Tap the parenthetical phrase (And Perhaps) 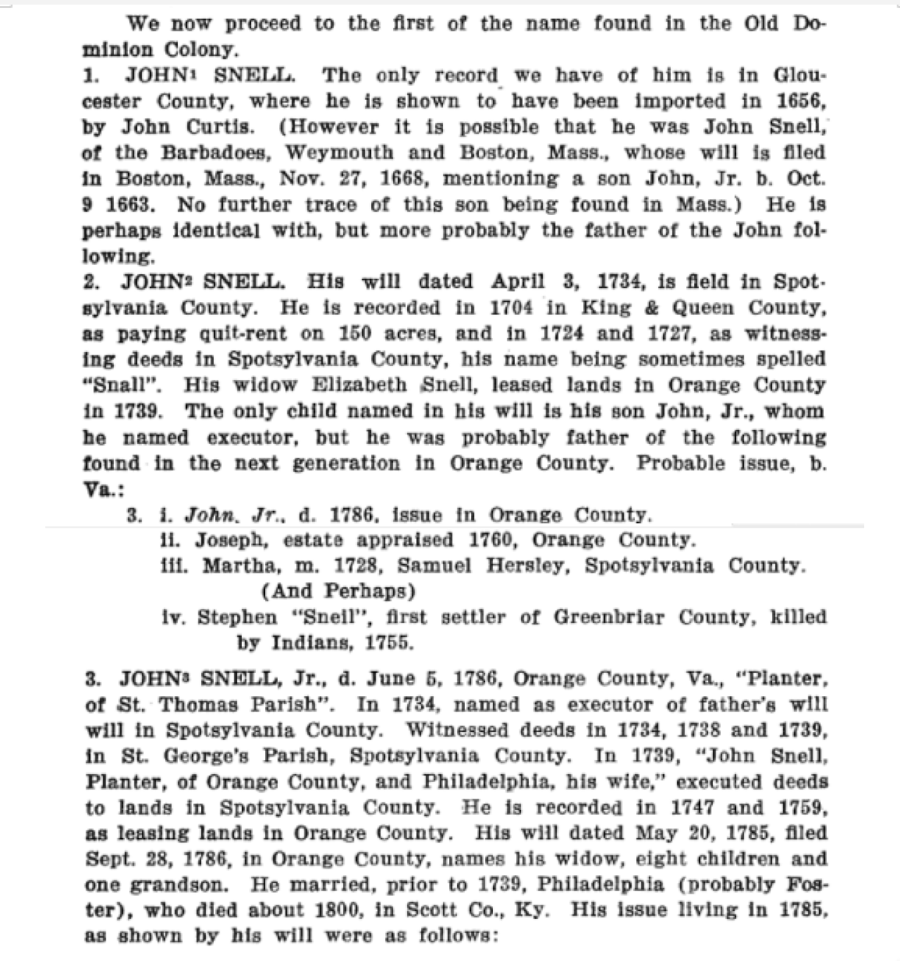tap(338, 591)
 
